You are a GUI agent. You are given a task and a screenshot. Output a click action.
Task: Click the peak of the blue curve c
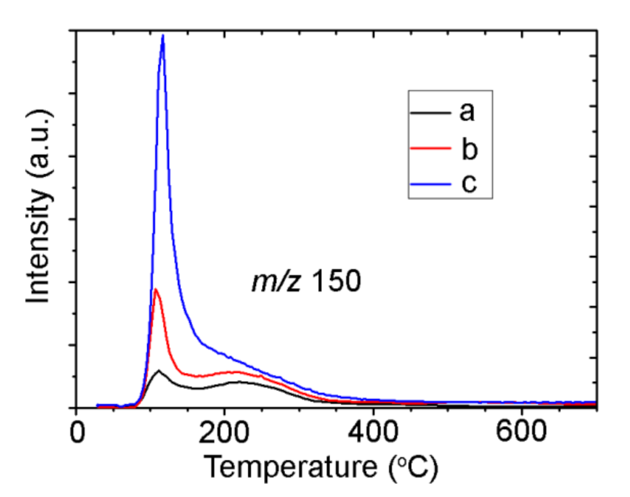163,36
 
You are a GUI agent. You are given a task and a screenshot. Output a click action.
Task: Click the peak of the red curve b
155,289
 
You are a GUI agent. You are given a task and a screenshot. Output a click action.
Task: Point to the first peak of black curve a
158,371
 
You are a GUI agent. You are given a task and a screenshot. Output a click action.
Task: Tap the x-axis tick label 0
77,434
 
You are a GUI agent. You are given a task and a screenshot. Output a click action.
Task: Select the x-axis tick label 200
224,434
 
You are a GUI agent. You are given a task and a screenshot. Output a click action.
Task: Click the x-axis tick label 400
373,434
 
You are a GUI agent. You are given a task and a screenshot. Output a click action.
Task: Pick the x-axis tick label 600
521,434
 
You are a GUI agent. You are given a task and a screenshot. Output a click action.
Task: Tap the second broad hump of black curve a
239,382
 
